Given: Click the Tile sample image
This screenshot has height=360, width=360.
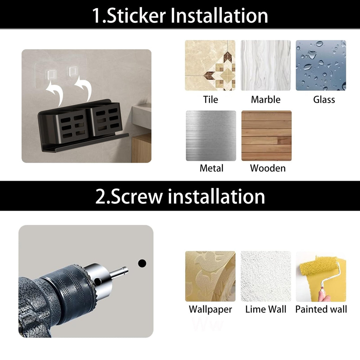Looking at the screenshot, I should (210, 65).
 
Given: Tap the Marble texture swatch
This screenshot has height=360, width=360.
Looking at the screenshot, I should (265, 65).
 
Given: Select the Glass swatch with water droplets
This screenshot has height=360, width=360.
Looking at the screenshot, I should (321, 65).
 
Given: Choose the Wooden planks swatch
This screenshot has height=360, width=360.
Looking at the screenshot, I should (266, 136).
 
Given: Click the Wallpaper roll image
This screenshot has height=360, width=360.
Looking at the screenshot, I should (210, 276).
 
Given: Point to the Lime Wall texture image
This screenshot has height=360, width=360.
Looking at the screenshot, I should (265, 276).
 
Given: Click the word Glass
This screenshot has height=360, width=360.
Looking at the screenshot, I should (324, 99).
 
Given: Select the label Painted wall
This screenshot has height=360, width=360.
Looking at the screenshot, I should (321, 309).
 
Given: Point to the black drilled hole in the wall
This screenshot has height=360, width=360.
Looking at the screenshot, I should (142, 263).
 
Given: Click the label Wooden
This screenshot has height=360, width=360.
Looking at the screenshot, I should (268, 168).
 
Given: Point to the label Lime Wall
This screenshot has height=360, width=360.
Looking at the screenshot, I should (265, 309).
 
